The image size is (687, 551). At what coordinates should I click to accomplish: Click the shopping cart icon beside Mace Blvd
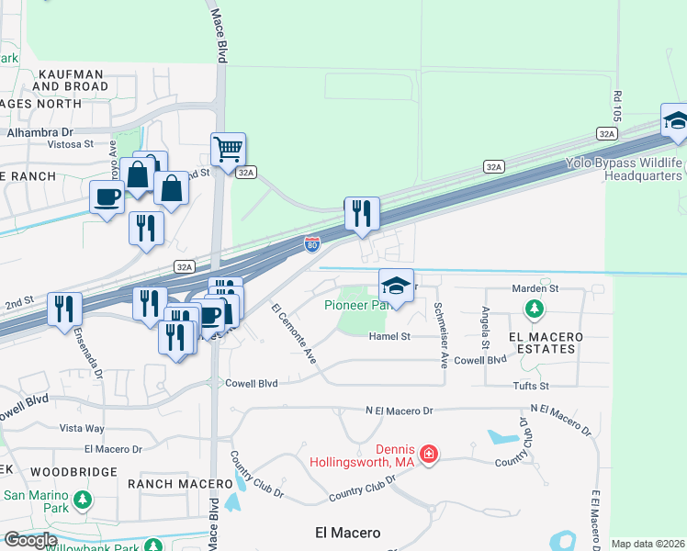(x=228, y=147)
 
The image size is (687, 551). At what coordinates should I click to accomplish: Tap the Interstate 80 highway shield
(x=312, y=244)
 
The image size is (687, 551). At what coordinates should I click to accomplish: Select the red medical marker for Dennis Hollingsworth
(x=427, y=454)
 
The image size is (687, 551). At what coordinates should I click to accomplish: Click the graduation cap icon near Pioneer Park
(x=397, y=285)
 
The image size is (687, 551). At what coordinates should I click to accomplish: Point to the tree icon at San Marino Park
(x=83, y=500)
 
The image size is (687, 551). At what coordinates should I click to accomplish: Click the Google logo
(x=30, y=539)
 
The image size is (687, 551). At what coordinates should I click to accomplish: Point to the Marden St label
(x=535, y=288)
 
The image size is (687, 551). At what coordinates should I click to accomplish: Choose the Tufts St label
(x=531, y=387)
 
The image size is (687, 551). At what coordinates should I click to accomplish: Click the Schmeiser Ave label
(x=440, y=334)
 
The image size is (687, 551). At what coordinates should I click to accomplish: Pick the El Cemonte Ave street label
(x=294, y=332)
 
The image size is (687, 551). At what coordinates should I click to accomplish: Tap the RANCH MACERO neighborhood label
(x=180, y=484)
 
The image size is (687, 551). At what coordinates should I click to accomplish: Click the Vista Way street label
(x=82, y=428)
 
